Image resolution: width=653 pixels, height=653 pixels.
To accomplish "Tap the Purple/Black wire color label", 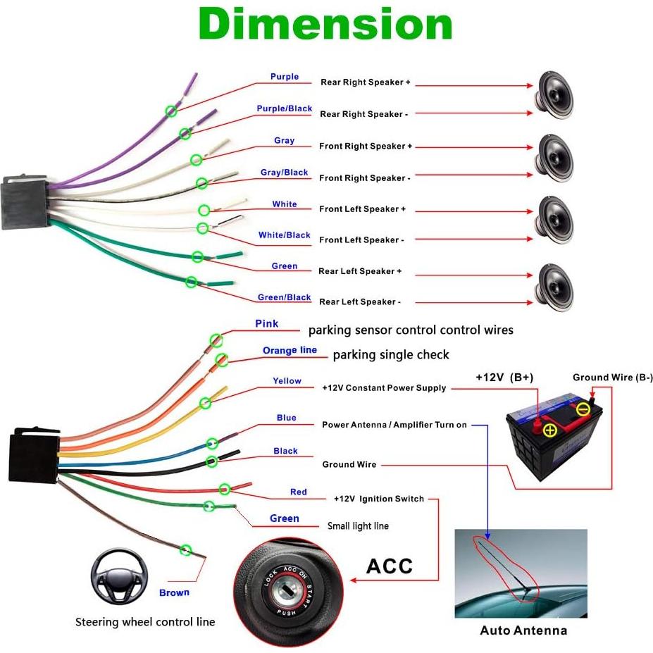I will (x=284, y=108).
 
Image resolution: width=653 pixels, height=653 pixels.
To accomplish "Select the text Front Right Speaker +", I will (x=365, y=147).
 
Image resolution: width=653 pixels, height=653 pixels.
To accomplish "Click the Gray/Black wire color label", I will (x=284, y=173).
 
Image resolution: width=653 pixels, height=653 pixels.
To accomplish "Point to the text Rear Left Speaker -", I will (x=359, y=302).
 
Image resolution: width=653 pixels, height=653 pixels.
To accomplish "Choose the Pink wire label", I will (x=266, y=324).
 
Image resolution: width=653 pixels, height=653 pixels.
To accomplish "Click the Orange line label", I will (x=290, y=350).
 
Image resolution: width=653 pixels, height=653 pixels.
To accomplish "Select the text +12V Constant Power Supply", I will (x=384, y=388).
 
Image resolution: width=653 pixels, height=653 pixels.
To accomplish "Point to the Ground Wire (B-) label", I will (x=612, y=378).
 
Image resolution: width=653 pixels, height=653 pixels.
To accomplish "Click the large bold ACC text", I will (x=389, y=566).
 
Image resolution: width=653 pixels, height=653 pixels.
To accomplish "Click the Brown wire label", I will (x=174, y=592).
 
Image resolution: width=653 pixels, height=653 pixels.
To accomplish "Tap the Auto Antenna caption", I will (x=523, y=630).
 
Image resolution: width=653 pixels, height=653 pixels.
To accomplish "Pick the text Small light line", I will (x=358, y=526).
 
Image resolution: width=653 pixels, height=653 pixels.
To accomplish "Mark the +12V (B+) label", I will (x=504, y=378).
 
